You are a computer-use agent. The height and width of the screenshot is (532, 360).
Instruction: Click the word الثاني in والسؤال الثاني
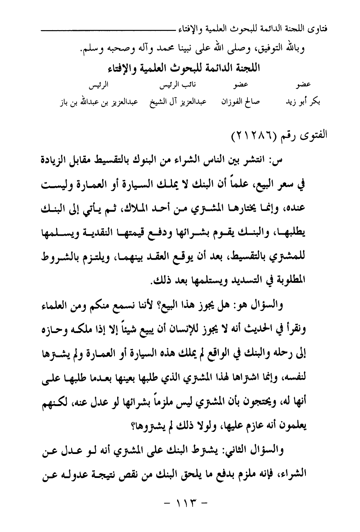click(238, 450)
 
